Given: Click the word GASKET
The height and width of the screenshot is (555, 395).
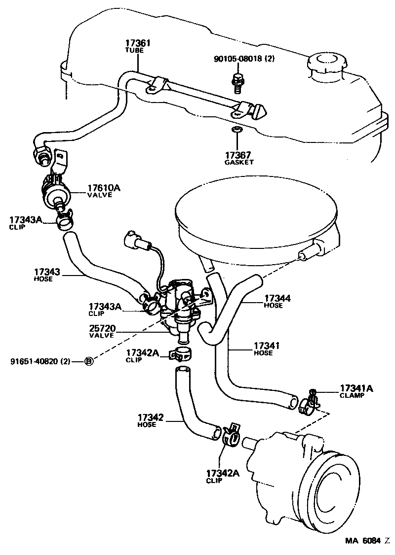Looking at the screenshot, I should [x=238, y=162].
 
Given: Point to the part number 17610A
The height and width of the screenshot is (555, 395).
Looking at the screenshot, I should [x=104, y=187].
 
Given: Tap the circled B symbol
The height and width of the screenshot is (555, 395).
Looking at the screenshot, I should [x=89, y=361].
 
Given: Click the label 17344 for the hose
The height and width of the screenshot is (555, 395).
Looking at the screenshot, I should [x=277, y=298].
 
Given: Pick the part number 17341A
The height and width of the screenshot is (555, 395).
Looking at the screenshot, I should [x=356, y=388].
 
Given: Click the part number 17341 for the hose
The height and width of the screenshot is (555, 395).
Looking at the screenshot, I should [x=267, y=346].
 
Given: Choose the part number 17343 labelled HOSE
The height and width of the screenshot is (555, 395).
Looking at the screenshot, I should [x=47, y=272].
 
